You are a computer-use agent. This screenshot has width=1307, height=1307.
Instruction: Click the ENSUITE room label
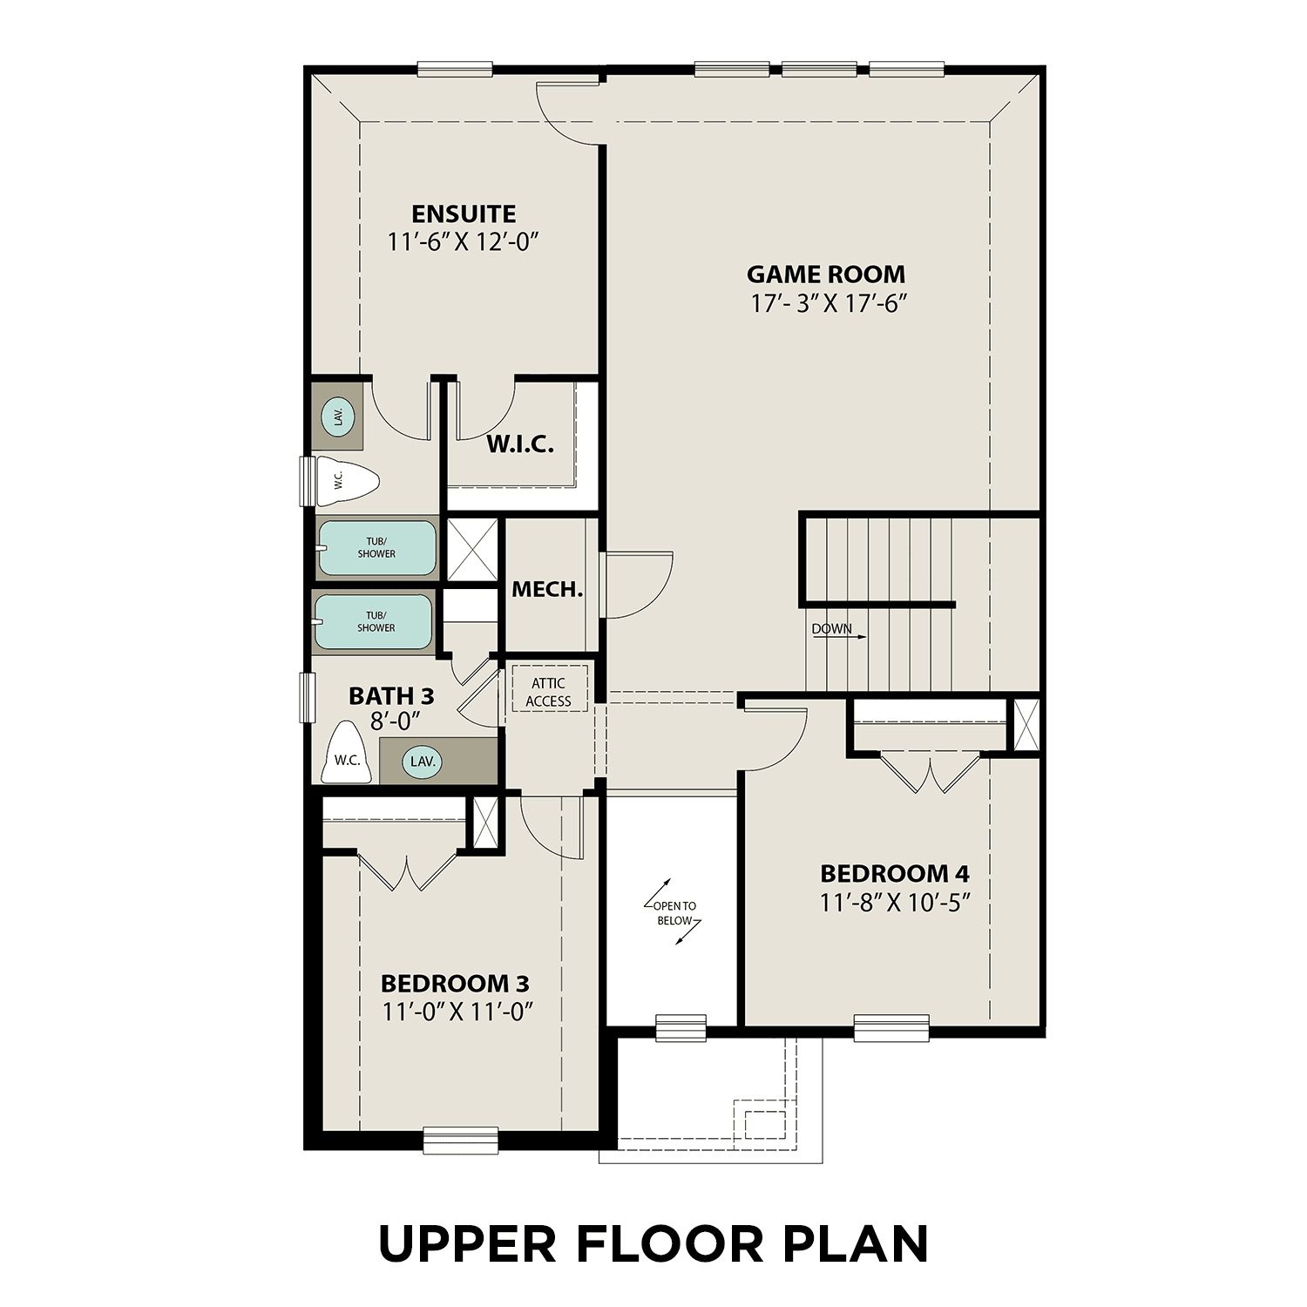464,214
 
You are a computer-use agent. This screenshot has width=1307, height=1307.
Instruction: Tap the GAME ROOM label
826,274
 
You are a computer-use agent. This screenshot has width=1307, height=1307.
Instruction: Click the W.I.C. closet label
519,444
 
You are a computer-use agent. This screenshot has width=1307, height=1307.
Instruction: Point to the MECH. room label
546,590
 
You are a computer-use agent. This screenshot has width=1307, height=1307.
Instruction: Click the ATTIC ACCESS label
548,692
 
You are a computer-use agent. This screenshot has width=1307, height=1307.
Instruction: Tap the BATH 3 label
391,696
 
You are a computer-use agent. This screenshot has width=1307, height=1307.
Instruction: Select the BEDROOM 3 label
455,984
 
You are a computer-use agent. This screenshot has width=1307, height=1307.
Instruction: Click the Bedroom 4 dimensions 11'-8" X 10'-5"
895,903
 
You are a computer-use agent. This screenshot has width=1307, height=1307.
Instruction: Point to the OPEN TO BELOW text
674,913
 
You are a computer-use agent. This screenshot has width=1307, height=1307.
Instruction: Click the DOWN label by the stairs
832,629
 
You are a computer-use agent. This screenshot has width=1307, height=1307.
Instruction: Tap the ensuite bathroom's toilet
346,480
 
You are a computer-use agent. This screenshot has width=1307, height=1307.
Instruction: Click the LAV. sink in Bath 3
423,762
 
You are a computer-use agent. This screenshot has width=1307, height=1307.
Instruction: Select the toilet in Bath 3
347,755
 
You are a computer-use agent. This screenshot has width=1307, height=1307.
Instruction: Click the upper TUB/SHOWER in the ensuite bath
376,548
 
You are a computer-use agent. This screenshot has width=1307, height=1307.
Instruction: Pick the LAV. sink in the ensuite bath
338,416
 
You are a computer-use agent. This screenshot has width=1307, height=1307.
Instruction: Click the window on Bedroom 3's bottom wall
461,1140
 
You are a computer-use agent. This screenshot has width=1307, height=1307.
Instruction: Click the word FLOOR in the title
669,1243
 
